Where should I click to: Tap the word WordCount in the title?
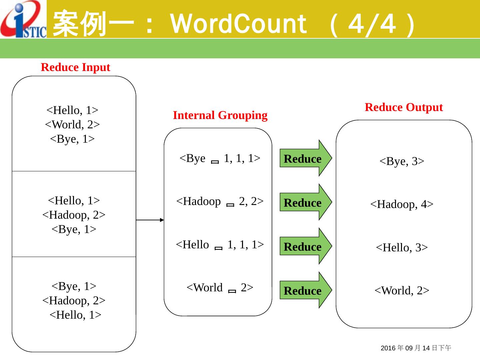(238, 24)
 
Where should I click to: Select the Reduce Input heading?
(75, 67)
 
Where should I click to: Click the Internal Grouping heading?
(220, 115)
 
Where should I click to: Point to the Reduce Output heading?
(404, 107)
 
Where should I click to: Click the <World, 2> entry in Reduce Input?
(72, 125)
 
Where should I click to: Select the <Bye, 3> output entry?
(402, 161)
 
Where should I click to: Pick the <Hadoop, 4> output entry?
(402, 204)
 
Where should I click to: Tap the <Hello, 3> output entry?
(402, 248)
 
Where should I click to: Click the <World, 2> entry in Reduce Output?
(402, 291)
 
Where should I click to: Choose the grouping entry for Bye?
(220, 158)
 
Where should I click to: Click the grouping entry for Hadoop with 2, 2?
(220, 201)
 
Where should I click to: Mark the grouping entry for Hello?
(220, 245)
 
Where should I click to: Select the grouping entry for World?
(220, 288)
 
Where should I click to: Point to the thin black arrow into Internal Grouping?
(150, 220)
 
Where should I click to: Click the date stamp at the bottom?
(416, 348)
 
